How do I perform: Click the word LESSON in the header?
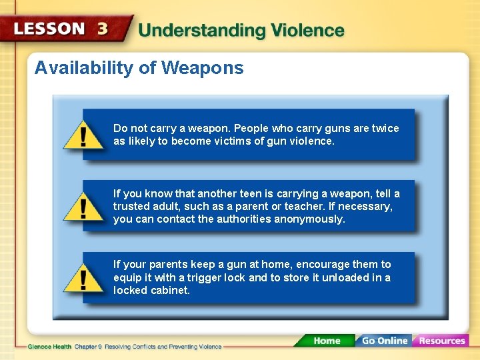click(x=49, y=29)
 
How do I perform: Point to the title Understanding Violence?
click(x=241, y=31)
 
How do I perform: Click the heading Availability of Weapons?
click(x=139, y=68)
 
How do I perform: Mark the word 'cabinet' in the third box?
click(x=171, y=291)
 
